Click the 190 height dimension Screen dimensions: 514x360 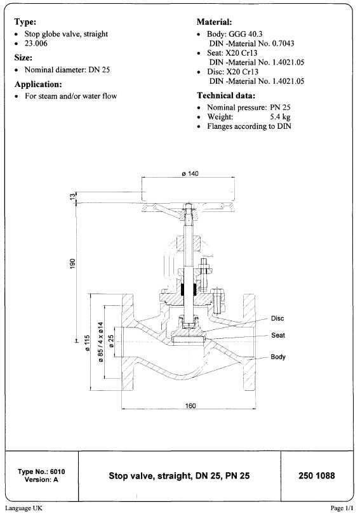(x=74, y=262)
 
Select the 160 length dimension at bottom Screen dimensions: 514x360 (x=191, y=405)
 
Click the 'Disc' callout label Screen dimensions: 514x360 (x=277, y=318)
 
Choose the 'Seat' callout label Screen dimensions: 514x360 (x=277, y=335)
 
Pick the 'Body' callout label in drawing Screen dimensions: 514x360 (x=278, y=357)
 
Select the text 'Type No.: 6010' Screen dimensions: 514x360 (x=42, y=472)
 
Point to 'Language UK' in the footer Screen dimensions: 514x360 (x=23, y=508)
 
